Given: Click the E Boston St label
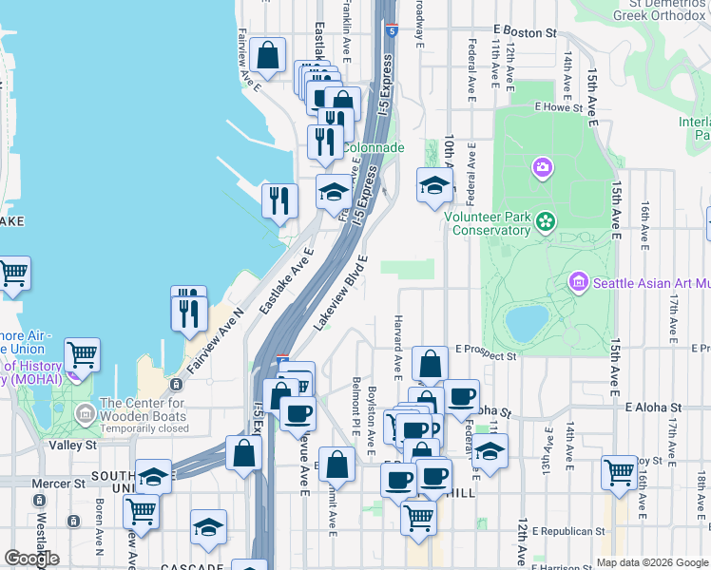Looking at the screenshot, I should coord(525,32).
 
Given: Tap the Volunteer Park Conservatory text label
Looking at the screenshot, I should coord(489,223).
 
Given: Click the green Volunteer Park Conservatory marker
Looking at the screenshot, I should coord(545,222).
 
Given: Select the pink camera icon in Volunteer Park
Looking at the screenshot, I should coord(543,168).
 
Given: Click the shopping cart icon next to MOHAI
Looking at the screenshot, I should coord(82,355).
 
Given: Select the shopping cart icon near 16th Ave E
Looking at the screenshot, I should coord(619,471).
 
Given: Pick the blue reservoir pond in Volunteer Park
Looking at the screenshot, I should coord(527,323).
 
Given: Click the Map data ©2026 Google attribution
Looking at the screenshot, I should coord(652,561).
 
